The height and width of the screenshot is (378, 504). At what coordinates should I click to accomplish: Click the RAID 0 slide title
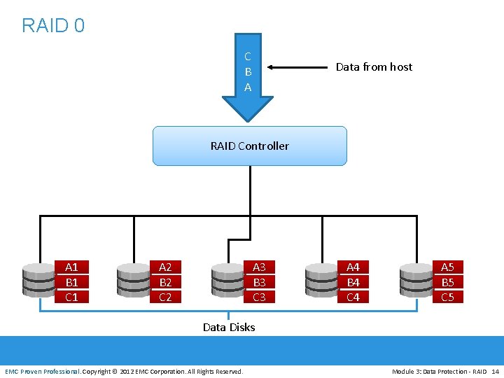point(53,26)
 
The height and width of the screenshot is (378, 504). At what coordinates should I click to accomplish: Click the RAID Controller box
point(249,146)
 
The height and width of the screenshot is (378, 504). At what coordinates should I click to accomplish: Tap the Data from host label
point(374,67)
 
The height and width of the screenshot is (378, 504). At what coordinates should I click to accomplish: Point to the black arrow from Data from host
point(297,68)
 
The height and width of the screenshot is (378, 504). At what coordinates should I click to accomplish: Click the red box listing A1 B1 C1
point(71,281)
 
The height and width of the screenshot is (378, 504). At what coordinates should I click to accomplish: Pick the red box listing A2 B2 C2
point(165,281)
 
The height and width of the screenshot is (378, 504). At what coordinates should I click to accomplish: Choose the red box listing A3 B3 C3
point(259,281)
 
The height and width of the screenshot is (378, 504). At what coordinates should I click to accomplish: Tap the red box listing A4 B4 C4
point(353,281)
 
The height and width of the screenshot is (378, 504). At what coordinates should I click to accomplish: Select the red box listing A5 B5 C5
point(447,281)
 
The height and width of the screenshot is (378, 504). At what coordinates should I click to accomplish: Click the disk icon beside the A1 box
point(39,280)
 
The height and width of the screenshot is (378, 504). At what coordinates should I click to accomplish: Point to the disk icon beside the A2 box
point(133,280)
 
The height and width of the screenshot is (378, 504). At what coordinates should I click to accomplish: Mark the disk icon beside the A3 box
point(227,280)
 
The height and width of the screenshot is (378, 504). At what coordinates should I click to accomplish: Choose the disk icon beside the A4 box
point(321,280)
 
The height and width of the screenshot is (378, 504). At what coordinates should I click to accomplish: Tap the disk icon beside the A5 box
point(415,280)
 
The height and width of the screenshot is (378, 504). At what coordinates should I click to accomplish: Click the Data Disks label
point(229,327)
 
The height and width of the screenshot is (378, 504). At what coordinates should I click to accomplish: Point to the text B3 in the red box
point(259,282)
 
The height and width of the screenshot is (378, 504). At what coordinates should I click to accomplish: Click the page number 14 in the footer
point(495,371)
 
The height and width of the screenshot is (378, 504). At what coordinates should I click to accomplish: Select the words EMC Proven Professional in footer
point(43,371)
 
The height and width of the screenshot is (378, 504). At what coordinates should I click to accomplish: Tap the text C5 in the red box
point(447,297)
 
